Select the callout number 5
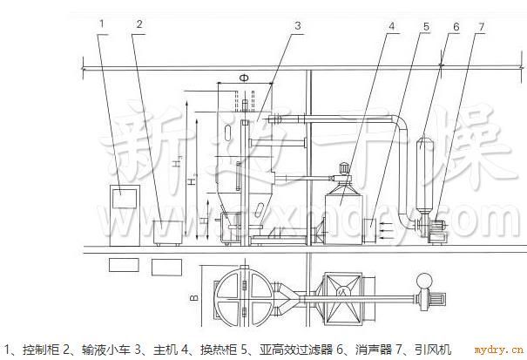tap(426, 25)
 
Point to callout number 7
tap(480, 25)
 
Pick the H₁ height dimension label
tap(177, 162)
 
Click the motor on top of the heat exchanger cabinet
tap(345, 166)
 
